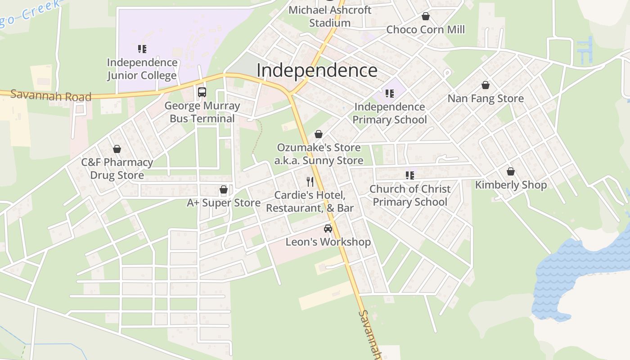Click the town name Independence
tap(317, 71)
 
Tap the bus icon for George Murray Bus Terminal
tap(202, 92)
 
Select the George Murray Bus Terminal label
tap(202, 112)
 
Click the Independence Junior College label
tap(142, 69)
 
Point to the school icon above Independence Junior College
tap(142, 49)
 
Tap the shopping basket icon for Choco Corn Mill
tap(425, 16)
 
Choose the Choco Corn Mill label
tap(425, 30)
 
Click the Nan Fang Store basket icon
tap(486, 85)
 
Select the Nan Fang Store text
tap(486, 99)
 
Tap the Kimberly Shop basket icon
tap(511, 171)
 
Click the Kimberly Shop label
tap(511, 185)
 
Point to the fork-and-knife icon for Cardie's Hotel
tap(310, 182)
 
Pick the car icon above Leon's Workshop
tap(328, 229)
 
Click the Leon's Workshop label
tap(328, 242)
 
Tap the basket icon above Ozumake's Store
tap(319, 134)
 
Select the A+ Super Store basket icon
tap(224, 190)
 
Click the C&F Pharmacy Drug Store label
tap(117, 169)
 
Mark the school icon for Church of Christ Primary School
tap(409, 175)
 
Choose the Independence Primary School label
tap(390, 113)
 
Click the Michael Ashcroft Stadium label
tap(330, 16)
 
